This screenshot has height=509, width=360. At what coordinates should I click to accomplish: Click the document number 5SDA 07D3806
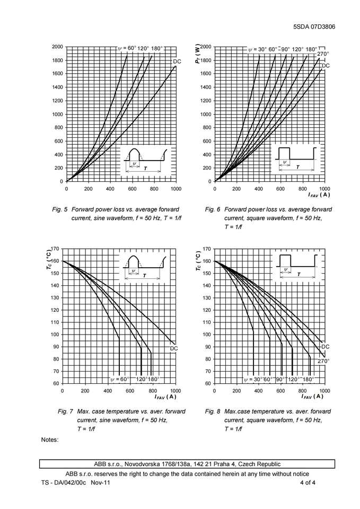click(314, 27)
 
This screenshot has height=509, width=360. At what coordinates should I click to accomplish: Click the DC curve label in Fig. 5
click(177, 62)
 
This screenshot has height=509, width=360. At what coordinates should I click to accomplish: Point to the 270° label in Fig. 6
click(323, 54)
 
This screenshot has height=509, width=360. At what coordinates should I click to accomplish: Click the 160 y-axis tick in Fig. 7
click(55, 261)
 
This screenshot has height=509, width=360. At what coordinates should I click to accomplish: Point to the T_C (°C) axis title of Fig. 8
click(197, 261)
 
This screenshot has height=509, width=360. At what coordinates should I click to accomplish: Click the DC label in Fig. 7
click(173, 348)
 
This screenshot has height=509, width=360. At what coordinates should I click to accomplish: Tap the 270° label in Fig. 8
click(324, 361)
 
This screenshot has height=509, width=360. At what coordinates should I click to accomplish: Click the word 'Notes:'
click(49, 440)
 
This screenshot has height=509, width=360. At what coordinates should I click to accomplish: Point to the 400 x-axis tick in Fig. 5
click(110, 189)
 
